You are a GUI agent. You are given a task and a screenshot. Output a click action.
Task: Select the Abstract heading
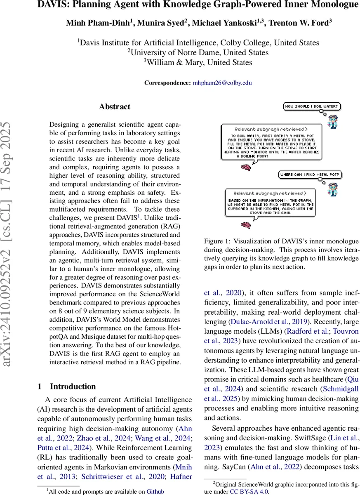pos(115,107)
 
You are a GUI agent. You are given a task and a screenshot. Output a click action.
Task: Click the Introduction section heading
pos(73,387)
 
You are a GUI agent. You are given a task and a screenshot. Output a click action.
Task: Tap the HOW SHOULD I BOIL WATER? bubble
pos(312,106)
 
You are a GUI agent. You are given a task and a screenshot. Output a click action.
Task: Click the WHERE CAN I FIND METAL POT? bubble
pos(310,174)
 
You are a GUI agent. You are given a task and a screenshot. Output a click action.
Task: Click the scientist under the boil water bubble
pos(332,120)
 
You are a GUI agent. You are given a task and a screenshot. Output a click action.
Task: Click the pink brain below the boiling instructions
pos(246,167)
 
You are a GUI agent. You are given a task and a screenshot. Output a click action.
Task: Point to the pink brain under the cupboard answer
pos(246,225)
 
